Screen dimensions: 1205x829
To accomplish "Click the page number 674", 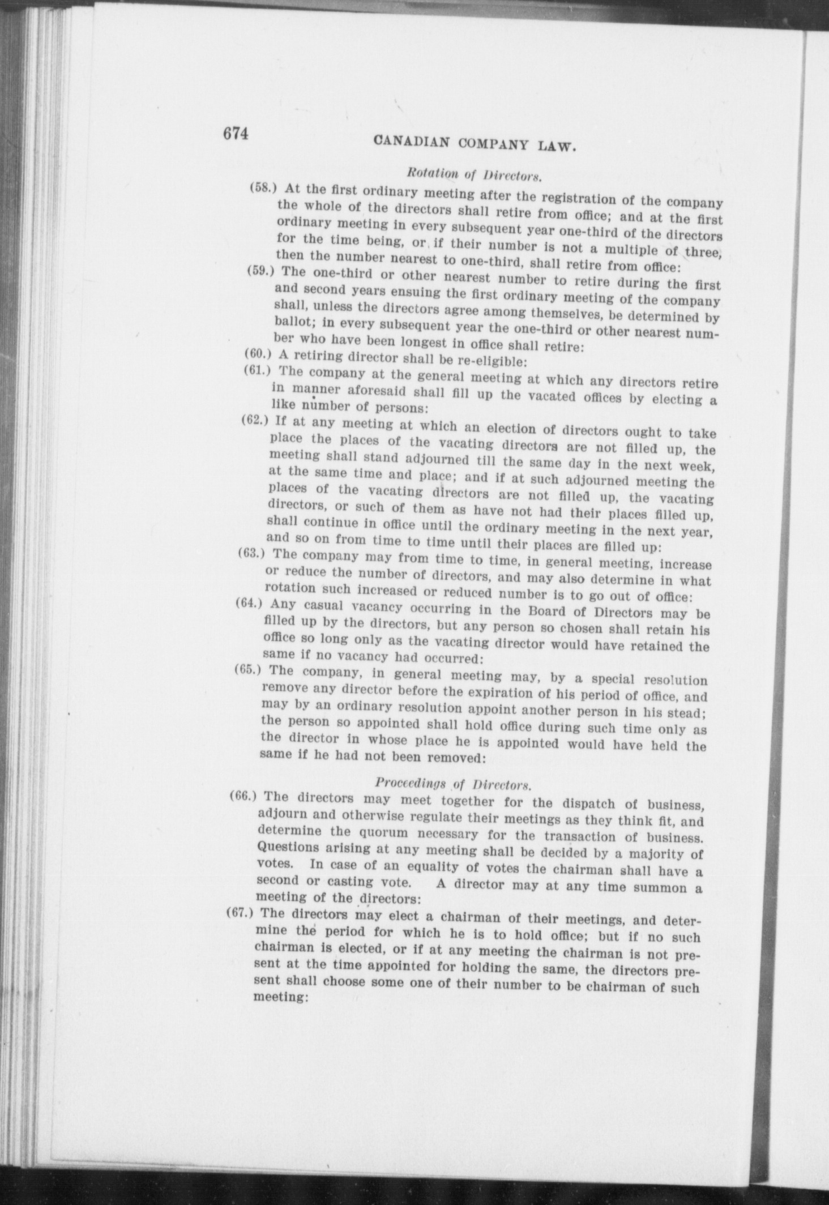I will click(x=236, y=134).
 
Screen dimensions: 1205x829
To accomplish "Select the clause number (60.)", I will click(x=257, y=354).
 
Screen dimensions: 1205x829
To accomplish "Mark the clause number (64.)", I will click(x=248, y=602).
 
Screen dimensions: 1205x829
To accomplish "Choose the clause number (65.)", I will click(x=247, y=669).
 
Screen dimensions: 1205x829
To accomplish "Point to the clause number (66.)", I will click(x=243, y=795).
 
